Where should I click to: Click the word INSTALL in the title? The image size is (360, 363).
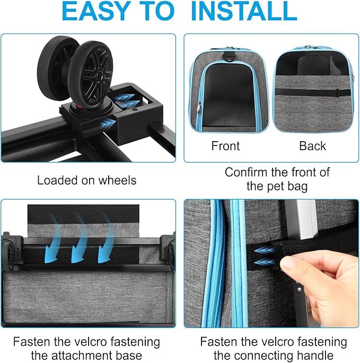243,12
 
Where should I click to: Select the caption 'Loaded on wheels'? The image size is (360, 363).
86,180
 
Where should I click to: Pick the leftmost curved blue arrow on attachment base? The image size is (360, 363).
53,234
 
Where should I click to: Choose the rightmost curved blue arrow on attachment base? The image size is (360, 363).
108,234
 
